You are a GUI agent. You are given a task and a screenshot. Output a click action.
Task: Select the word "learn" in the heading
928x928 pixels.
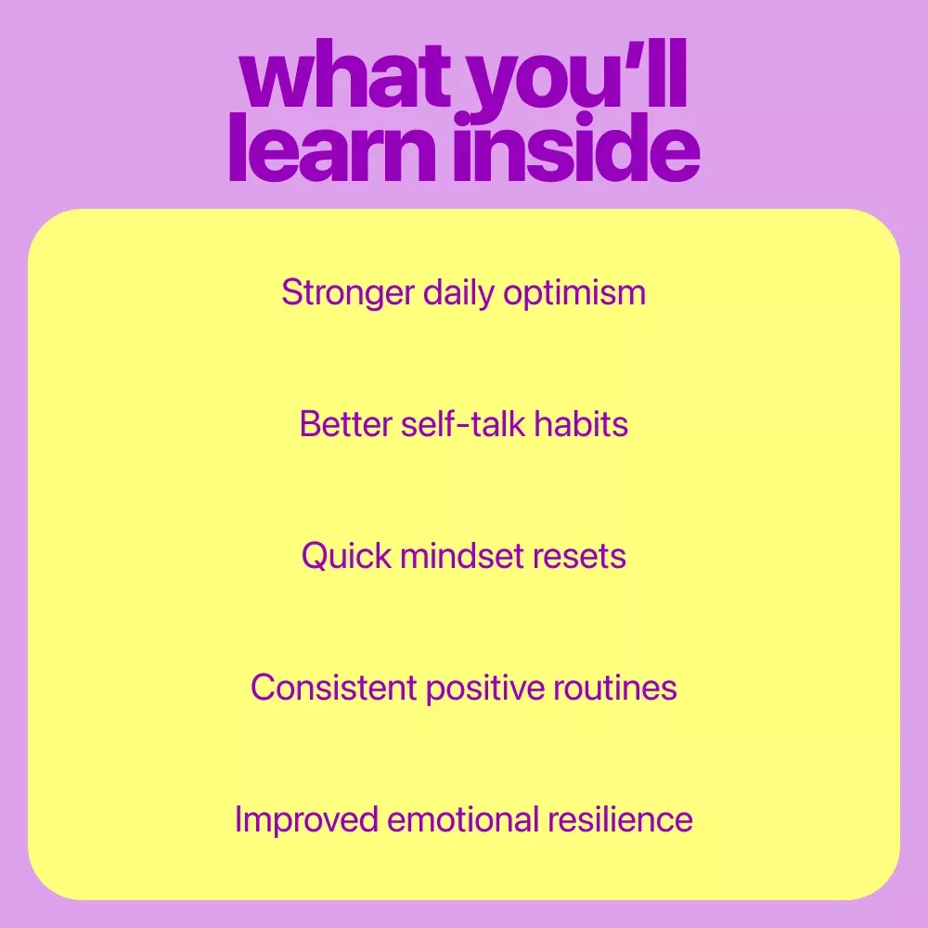pyautogui.click(x=332, y=147)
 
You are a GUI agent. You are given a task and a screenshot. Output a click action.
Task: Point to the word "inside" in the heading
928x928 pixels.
pyautogui.click(x=577, y=147)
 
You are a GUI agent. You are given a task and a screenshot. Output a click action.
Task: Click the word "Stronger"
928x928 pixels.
pyautogui.click(x=347, y=293)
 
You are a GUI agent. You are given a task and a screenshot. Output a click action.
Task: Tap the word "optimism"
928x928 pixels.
pyautogui.click(x=574, y=293)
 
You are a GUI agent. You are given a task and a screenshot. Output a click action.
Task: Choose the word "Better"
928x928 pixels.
pyautogui.click(x=345, y=424)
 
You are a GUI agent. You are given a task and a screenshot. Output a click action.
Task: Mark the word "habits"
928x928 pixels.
pyautogui.click(x=581, y=424)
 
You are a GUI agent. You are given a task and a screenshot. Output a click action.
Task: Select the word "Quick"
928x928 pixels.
pyautogui.click(x=346, y=556)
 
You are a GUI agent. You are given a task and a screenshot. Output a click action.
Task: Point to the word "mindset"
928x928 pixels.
pyautogui.click(x=462, y=556)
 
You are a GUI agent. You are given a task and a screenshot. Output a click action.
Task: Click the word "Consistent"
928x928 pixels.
pyautogui.click(x=334, y=688)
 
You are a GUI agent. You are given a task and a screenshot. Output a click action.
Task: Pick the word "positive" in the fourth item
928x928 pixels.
pyautogui.click(x=484, y=689)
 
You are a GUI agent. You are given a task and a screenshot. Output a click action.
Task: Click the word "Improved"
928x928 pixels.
pyautogui.click(x=306, y=820)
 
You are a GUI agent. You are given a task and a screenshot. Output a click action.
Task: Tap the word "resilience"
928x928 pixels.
pyautogui.click(x=620, y=819)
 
